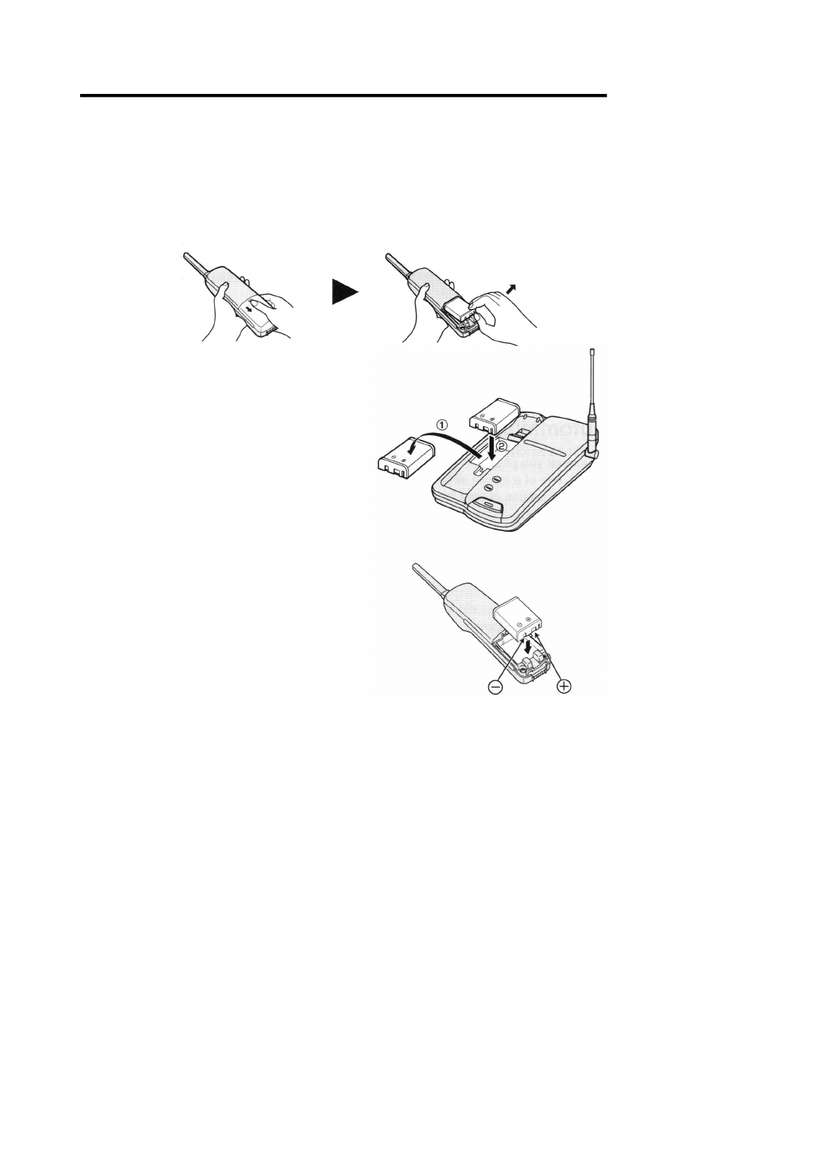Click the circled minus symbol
click(496, 687)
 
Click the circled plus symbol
click(565, 687)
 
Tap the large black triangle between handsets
click(344, 291)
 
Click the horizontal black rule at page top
click(343, 95)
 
